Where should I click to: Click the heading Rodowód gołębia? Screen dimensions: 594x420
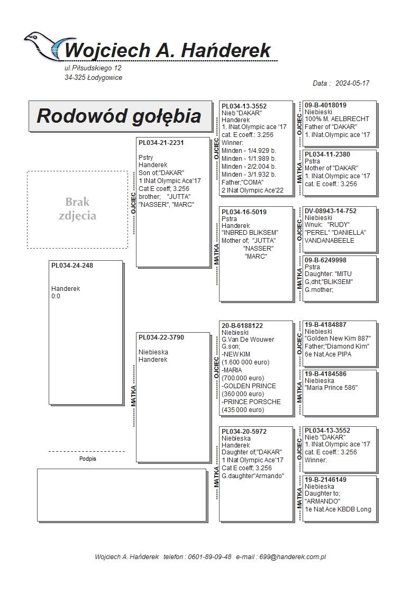pos(118,116)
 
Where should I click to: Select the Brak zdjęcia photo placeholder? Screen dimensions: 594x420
pos(77,209)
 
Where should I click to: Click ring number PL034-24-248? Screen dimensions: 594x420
pos(72,266)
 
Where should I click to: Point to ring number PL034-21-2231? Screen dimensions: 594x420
pos(161,142)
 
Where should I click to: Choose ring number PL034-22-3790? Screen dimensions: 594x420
pos(161,337)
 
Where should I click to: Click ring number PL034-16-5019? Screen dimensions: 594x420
pos(244,212)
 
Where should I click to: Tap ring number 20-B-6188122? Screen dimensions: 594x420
pos(242,325)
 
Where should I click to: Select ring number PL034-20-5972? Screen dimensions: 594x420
pos(244,432)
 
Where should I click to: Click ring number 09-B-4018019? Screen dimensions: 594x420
pos(325,105)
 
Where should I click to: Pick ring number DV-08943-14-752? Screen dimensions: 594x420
pos(331,211)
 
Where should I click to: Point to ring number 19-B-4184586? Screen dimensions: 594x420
pos(325,373)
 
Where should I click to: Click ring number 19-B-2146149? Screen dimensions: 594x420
pos(325,480)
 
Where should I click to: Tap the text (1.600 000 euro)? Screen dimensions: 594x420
pos(245,362)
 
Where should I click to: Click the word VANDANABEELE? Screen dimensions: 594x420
pos(330,240)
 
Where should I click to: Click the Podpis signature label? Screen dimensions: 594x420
pos(88,459)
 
